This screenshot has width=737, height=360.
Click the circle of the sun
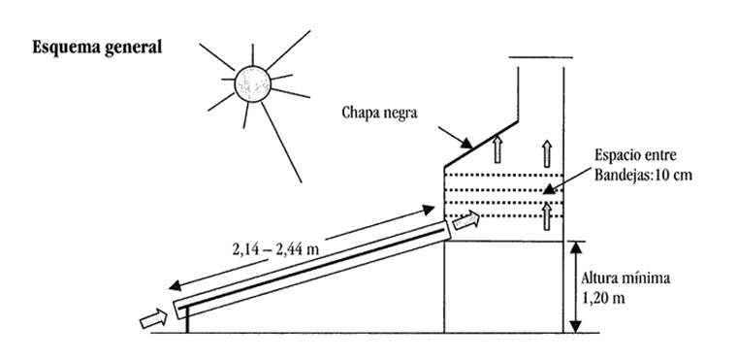coord(251,83)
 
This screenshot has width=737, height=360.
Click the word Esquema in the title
coord(65,47)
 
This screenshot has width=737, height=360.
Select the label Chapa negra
coord(379,112)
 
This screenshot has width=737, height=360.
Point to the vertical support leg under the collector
coord(186,324)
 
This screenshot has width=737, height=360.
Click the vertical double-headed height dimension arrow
coord(576,287)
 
